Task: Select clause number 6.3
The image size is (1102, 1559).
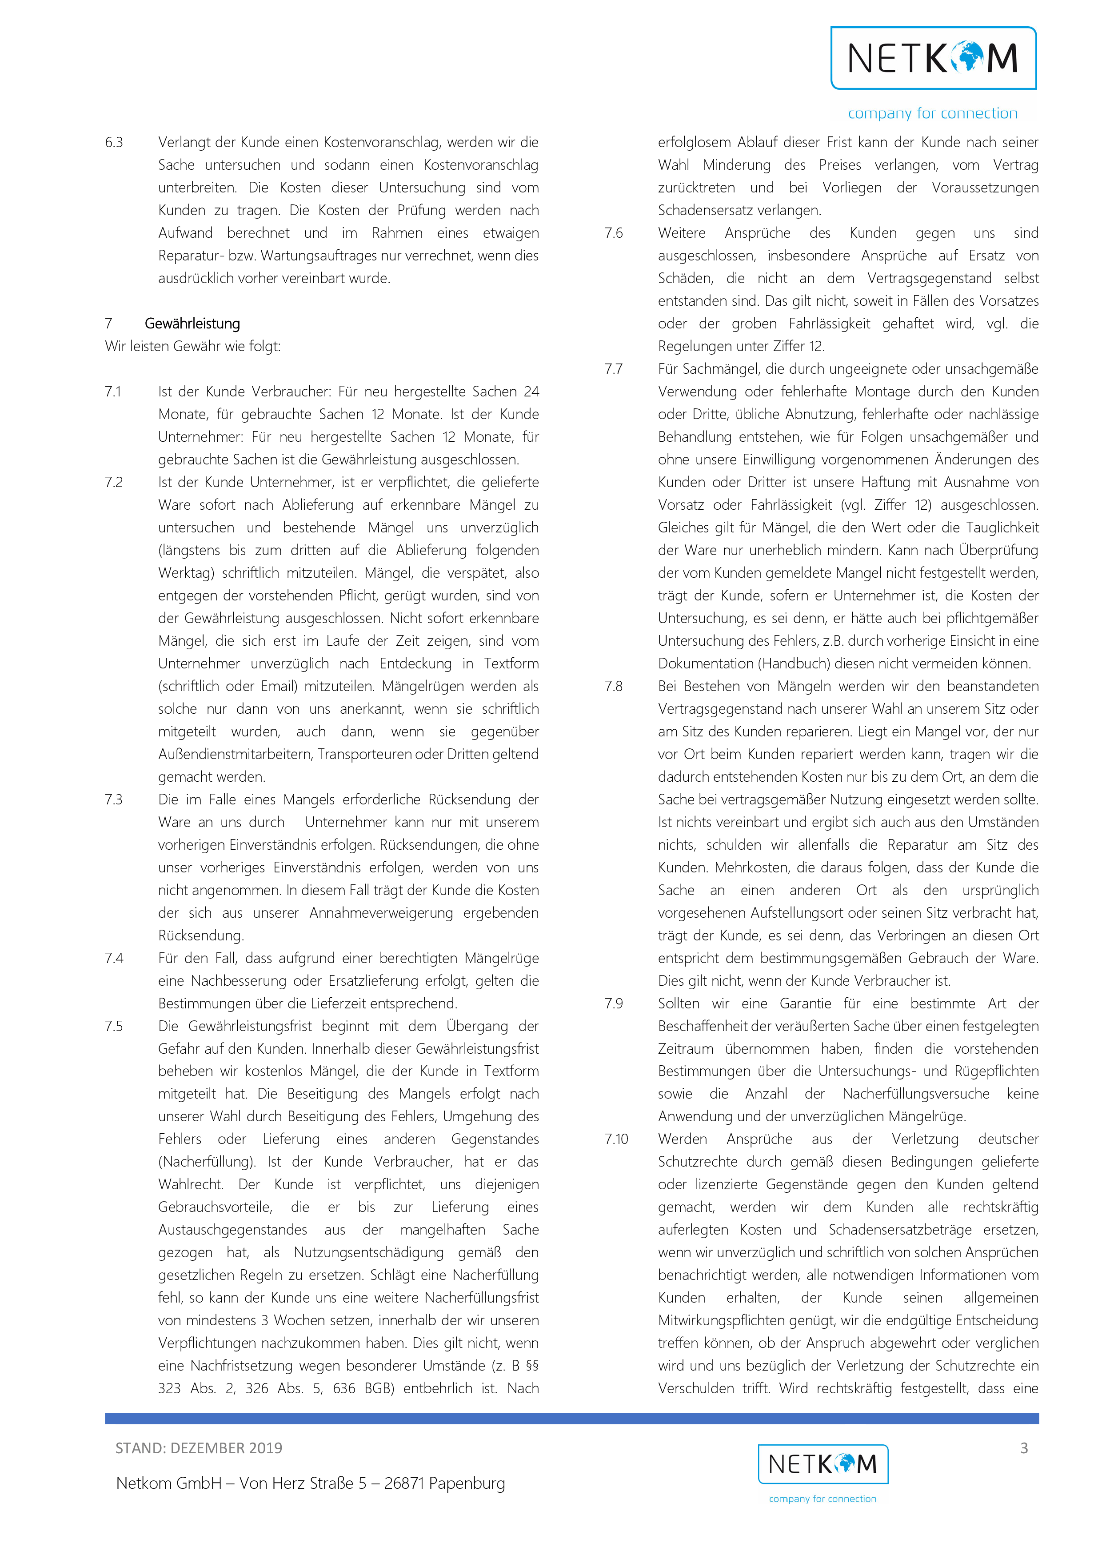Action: [x=114, y=142]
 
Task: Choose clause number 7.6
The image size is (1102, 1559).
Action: [x=614, y=233]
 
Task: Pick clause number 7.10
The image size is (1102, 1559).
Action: [x=616, y=1139]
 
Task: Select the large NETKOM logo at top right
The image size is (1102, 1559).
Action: [x=934, y=58]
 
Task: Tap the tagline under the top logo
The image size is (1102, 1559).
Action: [x=932, y=113]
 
